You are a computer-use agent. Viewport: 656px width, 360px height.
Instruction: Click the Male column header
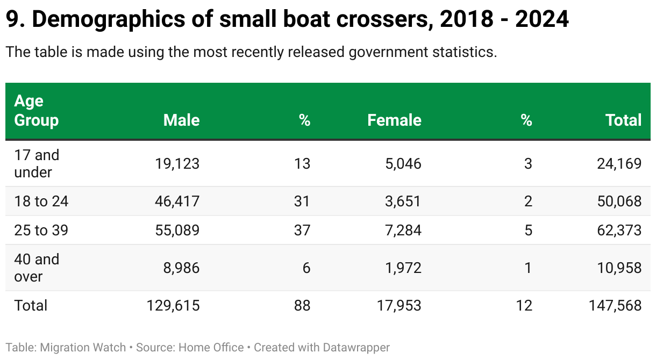[181, 120]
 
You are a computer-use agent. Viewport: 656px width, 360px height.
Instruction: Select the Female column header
[394, 120]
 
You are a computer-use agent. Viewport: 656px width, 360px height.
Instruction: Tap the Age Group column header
[36, 111]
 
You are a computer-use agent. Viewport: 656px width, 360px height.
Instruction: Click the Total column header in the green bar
[623, 120]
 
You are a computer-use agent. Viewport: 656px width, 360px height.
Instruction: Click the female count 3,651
[402, 201]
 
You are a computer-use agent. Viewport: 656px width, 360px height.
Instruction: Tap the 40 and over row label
[36, 268]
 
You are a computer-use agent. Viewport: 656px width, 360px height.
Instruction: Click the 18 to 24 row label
[41, 201]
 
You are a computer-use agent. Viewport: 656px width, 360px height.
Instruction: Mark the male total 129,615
[173, 305]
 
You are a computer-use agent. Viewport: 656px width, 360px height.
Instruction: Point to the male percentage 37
[302, 230]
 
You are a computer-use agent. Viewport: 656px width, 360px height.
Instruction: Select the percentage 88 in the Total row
[302, 305]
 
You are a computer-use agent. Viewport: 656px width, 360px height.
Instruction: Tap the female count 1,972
[402, 268]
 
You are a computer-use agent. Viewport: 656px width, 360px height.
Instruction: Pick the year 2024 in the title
[542, 20]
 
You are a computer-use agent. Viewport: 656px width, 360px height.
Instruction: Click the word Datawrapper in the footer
[356, 348]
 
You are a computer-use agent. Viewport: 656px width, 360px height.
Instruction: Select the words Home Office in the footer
[211, 348]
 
